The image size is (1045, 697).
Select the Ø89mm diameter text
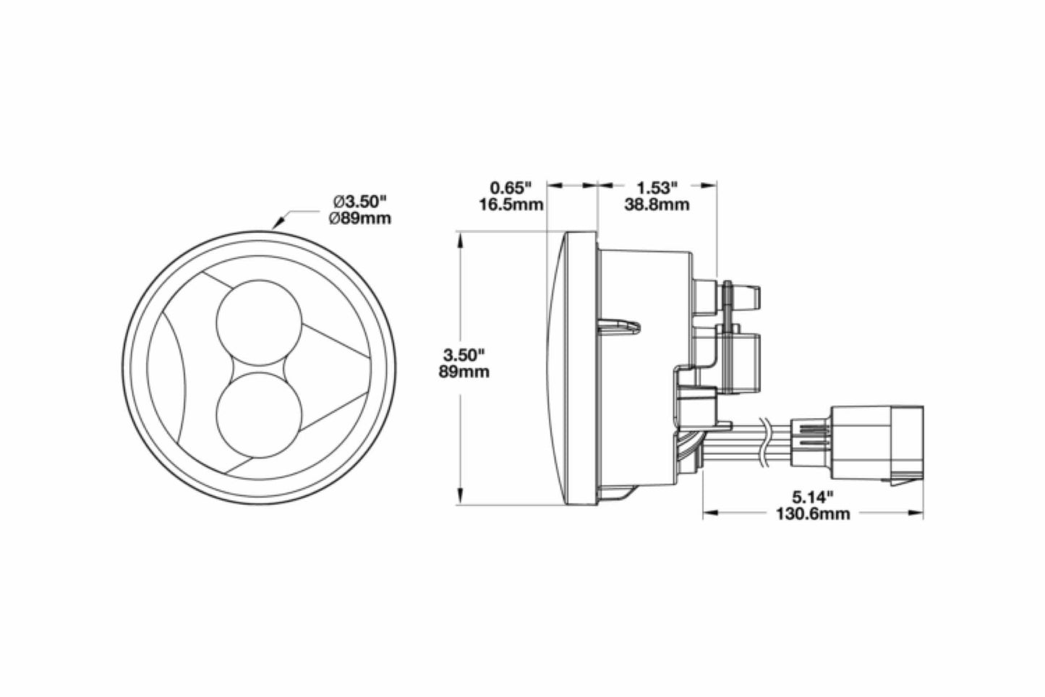(359, 217)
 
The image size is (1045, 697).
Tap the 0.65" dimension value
(511, 188)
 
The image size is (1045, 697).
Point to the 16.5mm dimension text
(511, 205)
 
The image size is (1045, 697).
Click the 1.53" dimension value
(656, 188)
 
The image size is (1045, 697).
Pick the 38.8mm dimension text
(656, 205)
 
